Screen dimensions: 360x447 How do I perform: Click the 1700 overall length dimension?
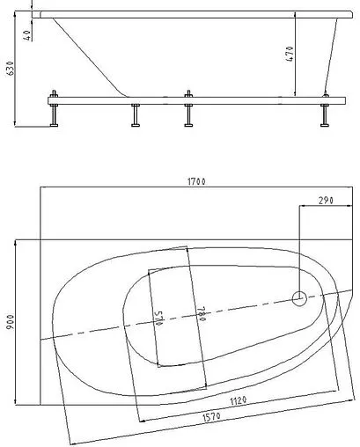click(196, 181)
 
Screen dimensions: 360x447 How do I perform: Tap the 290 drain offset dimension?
click(326, 201)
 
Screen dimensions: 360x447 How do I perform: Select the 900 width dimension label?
click(10, 322)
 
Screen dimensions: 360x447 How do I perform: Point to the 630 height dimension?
click(10, 69)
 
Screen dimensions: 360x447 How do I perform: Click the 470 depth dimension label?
click(290, 54)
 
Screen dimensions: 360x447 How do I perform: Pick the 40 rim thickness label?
click(27, 35)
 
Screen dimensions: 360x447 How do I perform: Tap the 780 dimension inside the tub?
click(201, 314)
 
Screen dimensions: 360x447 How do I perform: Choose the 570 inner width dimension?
click(158, 319)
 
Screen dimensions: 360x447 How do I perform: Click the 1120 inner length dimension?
click(238, 400)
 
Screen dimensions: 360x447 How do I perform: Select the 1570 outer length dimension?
click(211, 416)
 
